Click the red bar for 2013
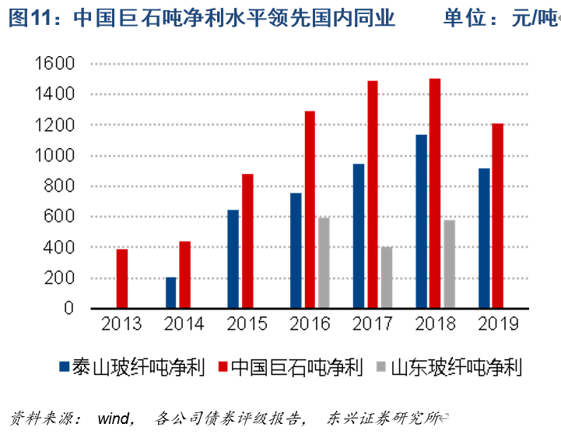[122, 279]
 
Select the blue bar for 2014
[171, 293]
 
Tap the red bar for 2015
[247, 242]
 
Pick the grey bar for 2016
[324, 263]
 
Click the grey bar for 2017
[387, 278]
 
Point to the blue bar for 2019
[484, 238]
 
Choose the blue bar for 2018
[421, 222]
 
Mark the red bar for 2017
[373, 195]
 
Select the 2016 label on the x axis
[309, 325]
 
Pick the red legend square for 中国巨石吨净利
[223, 366]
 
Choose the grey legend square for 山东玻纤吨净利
[380, 366]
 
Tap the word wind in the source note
[114, 419]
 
